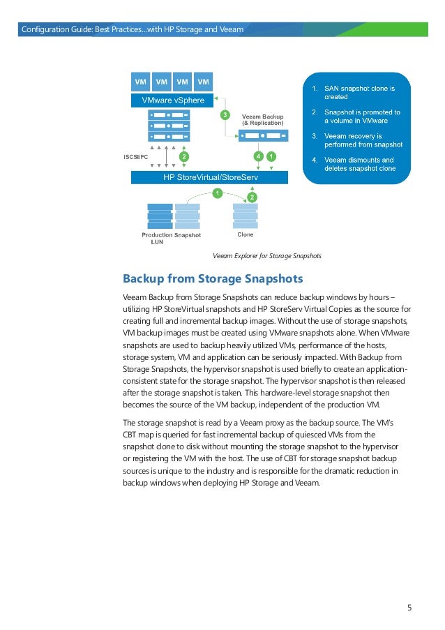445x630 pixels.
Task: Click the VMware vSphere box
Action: coord(173,100)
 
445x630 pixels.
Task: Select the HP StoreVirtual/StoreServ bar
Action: coord(210,178)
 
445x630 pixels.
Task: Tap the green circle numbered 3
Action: coord(225,114)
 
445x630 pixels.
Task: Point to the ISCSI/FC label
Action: coord(135,157)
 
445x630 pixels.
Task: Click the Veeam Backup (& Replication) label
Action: coord(262,119)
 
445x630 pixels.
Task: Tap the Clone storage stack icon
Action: coord(246,216)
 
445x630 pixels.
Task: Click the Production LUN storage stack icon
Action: coord(160,216)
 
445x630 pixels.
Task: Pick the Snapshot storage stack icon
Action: coord(188,216)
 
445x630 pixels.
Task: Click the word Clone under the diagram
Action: coord(246,235)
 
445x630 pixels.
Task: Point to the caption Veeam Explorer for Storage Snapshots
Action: coord(267,256)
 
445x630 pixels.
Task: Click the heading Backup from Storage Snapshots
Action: coord(213,279)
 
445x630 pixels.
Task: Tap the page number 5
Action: coord(409,607)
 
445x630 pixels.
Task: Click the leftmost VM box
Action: coord(141,82)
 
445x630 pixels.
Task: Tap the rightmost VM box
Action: coord(204,82)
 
